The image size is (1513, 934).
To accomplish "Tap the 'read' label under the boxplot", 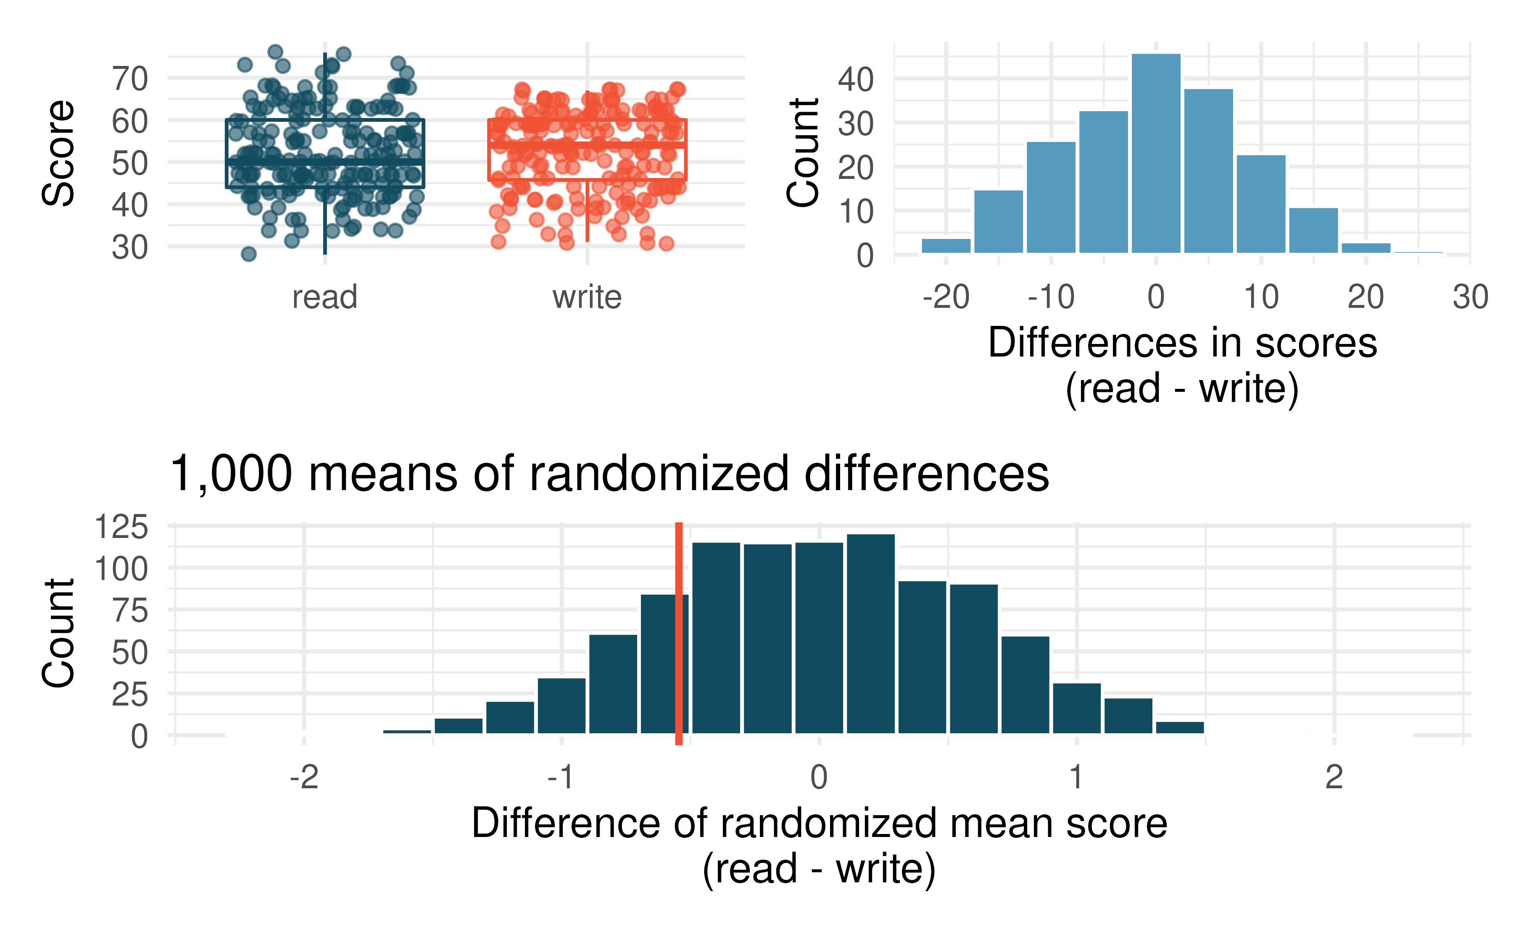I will click(x=324, y=297).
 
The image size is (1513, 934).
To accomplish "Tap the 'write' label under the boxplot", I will click(x=587, y=297).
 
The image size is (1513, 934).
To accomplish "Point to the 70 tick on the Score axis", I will click(x=130, y=79).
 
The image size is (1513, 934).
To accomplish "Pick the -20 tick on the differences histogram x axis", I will click(x=946, y=297).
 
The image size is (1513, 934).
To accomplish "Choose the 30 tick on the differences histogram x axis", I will click(x=1470, y=297).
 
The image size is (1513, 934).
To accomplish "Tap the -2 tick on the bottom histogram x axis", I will click(x=304, y=777).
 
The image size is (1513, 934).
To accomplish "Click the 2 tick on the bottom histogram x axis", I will click(x=1334, y=777).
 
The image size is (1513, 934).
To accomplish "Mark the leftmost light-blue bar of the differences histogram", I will click(x=946, y=246).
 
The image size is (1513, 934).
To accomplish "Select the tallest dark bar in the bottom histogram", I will click(x=870, y=633).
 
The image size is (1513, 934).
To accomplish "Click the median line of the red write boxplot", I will click(x=587, y=144).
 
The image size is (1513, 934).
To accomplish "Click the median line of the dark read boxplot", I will click(x=324, y=161).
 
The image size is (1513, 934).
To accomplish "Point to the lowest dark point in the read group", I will click(x=248, y=253).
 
